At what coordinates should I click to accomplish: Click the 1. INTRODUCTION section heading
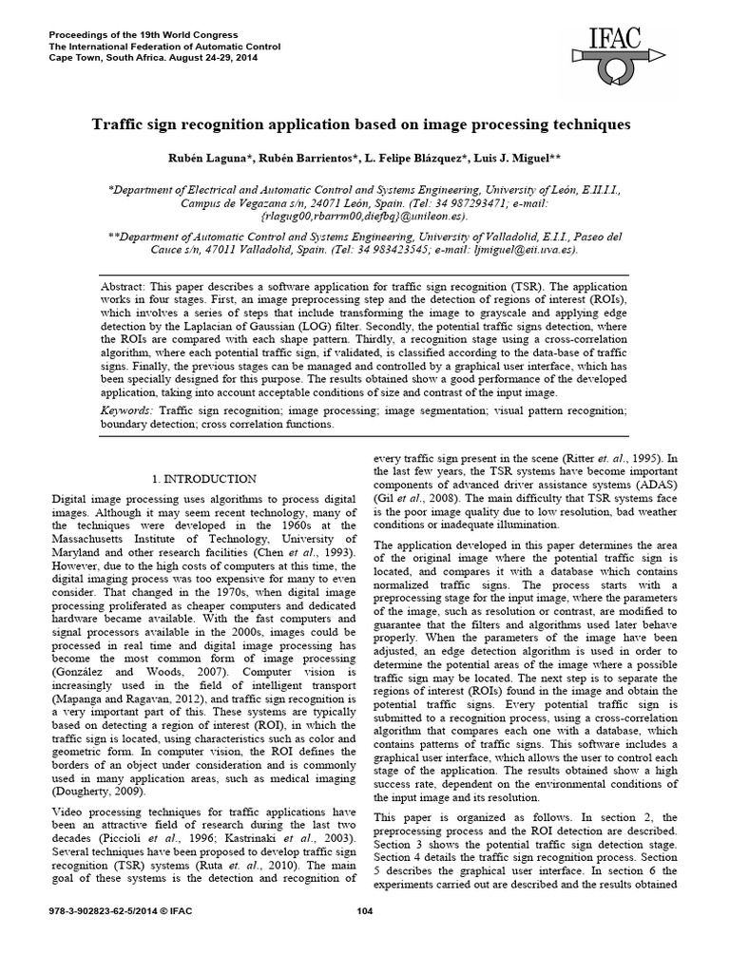pyautogui.click(x=205, y=478)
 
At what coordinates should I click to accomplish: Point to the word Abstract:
pyautogui.click(x=126, y=287)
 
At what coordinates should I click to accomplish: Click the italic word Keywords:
pyautogui.click(x=128, y=410)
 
